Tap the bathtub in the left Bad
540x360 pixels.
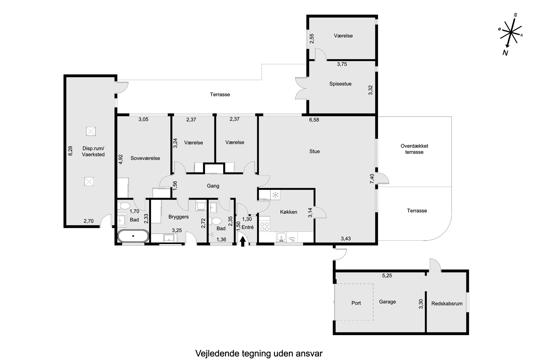[x=133, y=236]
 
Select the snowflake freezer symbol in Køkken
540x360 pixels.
[x=275, y=195]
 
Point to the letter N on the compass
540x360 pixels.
[x=505, y=53]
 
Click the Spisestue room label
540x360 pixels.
[x=340, y=84]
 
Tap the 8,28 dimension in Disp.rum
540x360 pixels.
[x=70, y=151]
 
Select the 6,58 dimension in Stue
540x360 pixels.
[x=314, y=120]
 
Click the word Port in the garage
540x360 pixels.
[x=356, y=303]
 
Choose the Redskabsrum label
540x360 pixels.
[x=447, y=303]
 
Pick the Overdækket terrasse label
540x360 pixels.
[x=414, y=149]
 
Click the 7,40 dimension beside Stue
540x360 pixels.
[x=372, y=179]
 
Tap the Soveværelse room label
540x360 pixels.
[x=145, y=158]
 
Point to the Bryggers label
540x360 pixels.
[x=179, y=217]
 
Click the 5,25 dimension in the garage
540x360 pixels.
[x=387, y=275]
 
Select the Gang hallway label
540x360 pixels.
[x=213, y=186]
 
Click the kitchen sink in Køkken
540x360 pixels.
[x=281, y=237]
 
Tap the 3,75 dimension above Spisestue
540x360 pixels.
[x=342, y=64]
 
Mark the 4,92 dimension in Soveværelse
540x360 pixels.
[x=121, y=159]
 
